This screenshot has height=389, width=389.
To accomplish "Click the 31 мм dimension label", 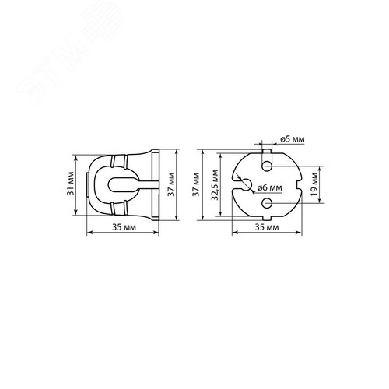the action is [70, 184].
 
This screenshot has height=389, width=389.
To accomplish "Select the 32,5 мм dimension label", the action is [215, 185].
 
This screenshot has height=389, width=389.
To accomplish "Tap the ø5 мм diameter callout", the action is [293, 139].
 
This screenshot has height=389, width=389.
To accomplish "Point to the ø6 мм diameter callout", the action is [269, 187].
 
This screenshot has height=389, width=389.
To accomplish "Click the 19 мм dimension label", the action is [314, 184].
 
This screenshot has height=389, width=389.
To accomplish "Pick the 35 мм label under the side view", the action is [124, 227].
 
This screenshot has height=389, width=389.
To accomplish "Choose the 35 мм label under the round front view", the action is [267, 227].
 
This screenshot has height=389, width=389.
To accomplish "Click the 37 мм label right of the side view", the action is [171, 184].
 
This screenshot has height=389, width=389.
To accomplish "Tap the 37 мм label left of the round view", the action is [196, 184].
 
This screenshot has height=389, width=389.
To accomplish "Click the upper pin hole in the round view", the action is [267, 166].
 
